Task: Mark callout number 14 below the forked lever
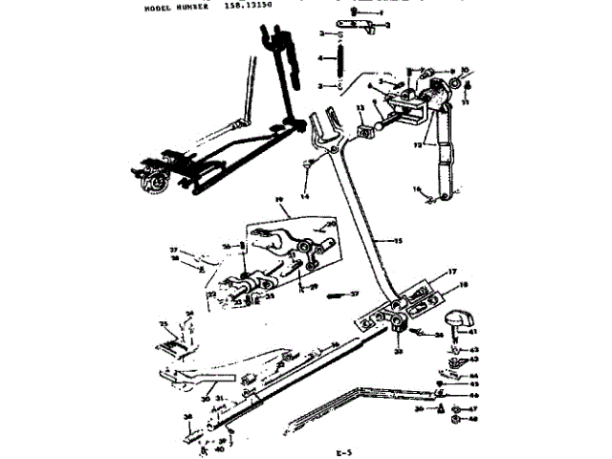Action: tap(305, 196)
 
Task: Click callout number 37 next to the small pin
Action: tap(353, 294)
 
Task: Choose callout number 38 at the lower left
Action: tap(186, 416)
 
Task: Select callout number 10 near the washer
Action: tap(465, 70)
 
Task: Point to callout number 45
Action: tap(472, 384)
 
